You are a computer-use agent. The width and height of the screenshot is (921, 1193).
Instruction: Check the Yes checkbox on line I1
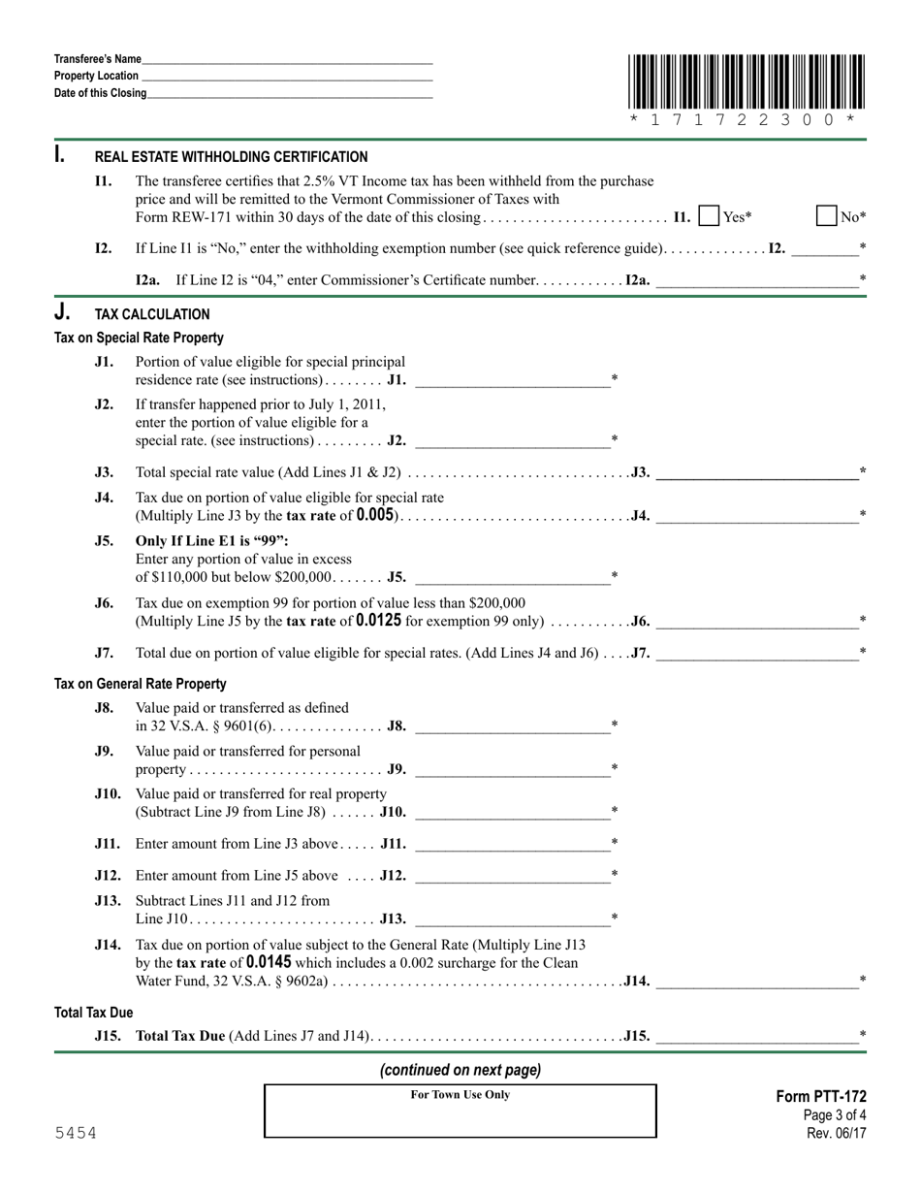(709, 216)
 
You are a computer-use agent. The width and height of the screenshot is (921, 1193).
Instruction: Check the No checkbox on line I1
(826, 216)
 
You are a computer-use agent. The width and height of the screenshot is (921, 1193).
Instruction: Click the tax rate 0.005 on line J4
(375, 515)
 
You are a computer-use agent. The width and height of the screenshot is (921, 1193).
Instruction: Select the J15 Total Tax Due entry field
(756, 1036)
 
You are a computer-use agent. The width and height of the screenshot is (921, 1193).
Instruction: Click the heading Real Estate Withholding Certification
(231, 157)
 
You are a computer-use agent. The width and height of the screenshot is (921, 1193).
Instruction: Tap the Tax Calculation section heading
(151, 314)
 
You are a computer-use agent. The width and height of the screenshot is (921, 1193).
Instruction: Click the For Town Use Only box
(460, 1111)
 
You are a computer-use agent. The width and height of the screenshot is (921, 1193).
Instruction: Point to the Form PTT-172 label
(821, 1097)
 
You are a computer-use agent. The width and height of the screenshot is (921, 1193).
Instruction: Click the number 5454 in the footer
(76, 1133)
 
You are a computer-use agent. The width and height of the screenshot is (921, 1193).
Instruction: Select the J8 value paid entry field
(512, 725)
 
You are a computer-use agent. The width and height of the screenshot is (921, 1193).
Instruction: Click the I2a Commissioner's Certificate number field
(756, 280)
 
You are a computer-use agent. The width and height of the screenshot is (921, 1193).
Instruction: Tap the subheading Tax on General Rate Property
(141, 684)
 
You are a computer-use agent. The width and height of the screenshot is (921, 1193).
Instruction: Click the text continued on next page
(460, 1070)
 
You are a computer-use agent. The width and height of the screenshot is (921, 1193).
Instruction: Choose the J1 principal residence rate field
(512, 379)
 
